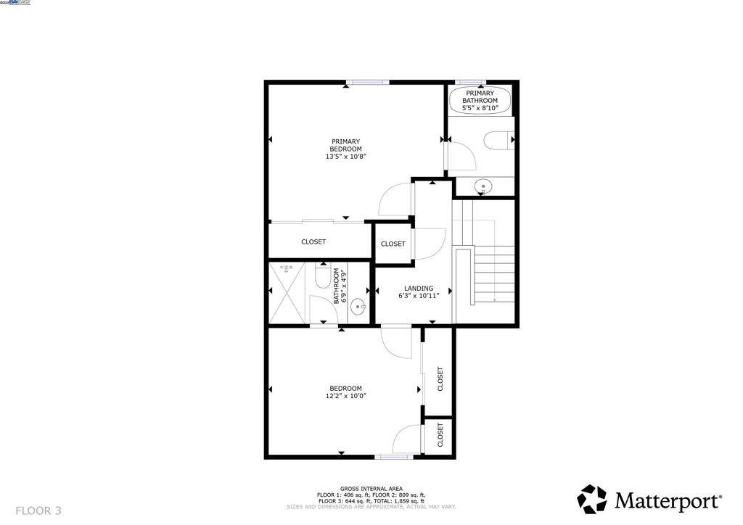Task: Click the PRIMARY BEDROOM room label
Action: (345, 145)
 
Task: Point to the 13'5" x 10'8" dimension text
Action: (345, 157)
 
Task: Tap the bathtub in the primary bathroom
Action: (480, 101)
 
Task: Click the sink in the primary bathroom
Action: (483, 187)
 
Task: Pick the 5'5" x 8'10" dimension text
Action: (480, 108)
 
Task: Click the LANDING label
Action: (419, 288)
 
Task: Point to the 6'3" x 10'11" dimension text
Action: (419, 296)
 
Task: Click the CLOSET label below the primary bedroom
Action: (313, 241)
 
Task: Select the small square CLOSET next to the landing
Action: (393, 244)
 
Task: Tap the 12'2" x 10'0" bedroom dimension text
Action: (345, 396)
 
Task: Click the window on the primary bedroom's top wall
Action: (367, 83)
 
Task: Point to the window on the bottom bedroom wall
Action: (393, 457)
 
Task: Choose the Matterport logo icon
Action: (591, 499)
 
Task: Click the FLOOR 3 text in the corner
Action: (38, 510)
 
